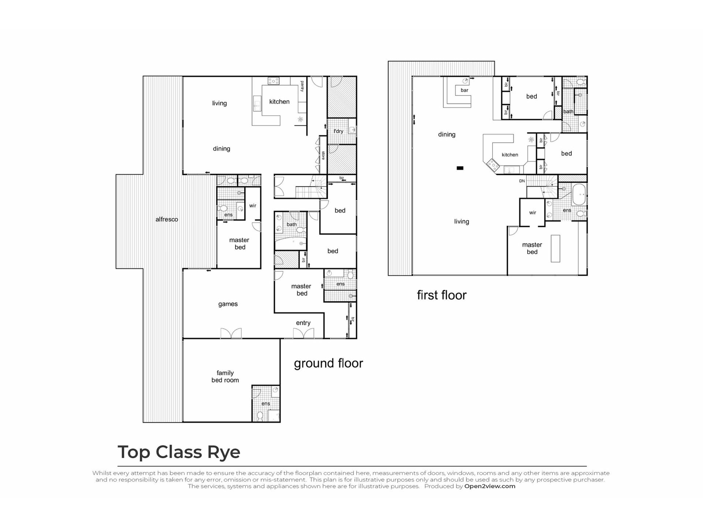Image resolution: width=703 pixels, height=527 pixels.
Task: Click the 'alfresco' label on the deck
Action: click(x=167, y=220)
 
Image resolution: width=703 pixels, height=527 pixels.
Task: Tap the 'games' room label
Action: click(x=228, y=304)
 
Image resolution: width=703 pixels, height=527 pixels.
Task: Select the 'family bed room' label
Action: click(x=225, y=377)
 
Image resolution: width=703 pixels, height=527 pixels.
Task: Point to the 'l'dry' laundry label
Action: click(x=338, y=131)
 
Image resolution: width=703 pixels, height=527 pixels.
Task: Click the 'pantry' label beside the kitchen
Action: click(x=302, y=86)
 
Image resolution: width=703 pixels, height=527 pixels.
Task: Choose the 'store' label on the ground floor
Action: click(x=323, y=156)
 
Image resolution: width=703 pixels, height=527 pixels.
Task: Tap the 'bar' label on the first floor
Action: click(x=464, y=90)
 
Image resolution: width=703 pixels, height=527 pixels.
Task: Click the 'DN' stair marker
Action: click(x=522, y=181)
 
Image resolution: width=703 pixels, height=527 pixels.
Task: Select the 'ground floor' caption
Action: click(x=328, y=363)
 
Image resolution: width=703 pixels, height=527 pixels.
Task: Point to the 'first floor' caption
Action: click(x=442, y=295)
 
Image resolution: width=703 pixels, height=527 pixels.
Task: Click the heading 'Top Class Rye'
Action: click(x=179, y=452)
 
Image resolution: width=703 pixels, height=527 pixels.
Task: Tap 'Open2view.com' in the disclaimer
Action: click(x=490, y=486)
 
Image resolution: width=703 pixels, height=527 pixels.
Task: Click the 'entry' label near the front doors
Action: click(x=303, y=323)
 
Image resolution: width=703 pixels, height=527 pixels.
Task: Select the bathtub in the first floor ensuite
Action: click(x=579, y=194)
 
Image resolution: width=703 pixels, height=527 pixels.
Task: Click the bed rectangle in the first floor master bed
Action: click(x=555, y=248)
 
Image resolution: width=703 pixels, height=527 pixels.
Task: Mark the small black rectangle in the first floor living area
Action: click(x=460, y=168)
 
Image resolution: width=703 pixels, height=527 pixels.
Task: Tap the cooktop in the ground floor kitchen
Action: click(x=274, y=81)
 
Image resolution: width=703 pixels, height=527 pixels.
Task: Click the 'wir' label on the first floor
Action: click(x=532, y=213)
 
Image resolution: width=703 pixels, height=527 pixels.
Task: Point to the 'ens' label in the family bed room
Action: click(x=265, y=404)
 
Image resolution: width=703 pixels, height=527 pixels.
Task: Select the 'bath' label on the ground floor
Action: click(x=291, y=225)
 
